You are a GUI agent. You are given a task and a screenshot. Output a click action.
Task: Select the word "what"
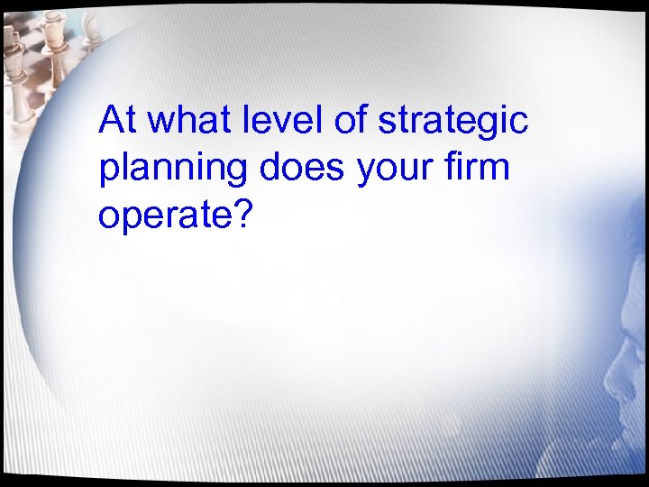(180, 120)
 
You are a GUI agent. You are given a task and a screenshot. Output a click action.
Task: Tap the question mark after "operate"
(238, 213)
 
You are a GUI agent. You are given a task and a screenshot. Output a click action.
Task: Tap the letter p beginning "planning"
(108, 171)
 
